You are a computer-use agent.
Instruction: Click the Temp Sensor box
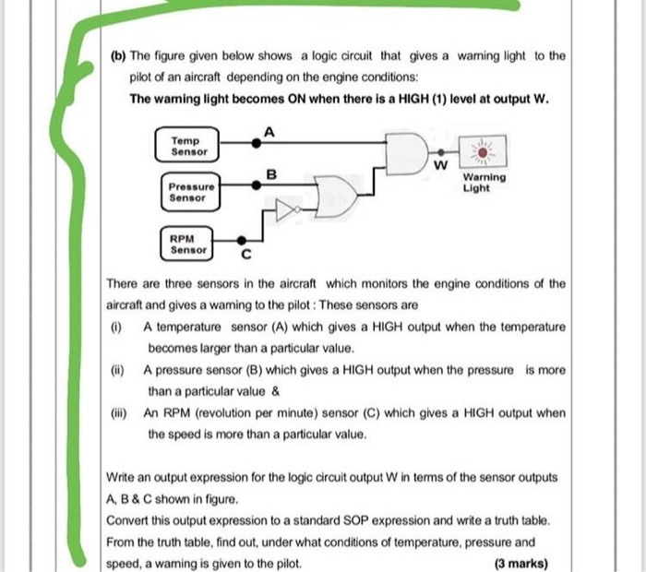tap(189, 146)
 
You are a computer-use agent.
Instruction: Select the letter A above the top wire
tap(268, 131)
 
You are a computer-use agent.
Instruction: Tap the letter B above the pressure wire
tap(270, 173)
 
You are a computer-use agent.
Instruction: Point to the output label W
tap(441, 165)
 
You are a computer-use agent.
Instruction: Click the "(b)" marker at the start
tap(117, 55)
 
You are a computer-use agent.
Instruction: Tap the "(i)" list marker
tap(116, 327)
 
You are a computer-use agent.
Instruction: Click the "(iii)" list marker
tap(119, 413)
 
